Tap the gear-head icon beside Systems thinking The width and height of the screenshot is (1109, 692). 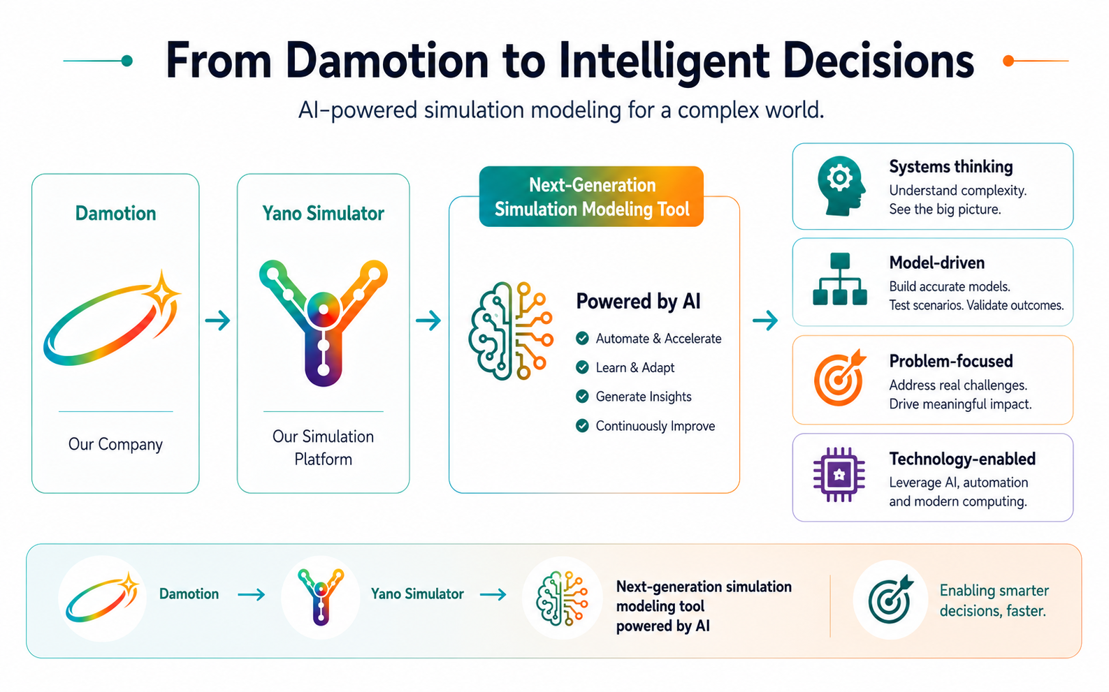841,186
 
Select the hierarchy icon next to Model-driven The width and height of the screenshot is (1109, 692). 840,279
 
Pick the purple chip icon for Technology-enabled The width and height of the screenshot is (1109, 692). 839,475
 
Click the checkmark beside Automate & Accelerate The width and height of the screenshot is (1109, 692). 582,339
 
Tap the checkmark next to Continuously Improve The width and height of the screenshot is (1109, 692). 582,426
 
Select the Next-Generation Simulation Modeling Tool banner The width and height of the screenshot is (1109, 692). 591,196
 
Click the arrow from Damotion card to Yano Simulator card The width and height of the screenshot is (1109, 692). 218,321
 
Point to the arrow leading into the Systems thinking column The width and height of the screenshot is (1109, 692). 765,321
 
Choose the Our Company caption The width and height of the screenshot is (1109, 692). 115,444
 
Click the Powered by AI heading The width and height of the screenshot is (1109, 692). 638,301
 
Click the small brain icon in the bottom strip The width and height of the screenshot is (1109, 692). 562,598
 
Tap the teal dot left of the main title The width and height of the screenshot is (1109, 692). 127,61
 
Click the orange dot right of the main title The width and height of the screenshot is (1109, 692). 1008,61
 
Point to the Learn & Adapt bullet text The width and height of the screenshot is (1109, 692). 635,367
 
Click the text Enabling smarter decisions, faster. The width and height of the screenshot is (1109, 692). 994,601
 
